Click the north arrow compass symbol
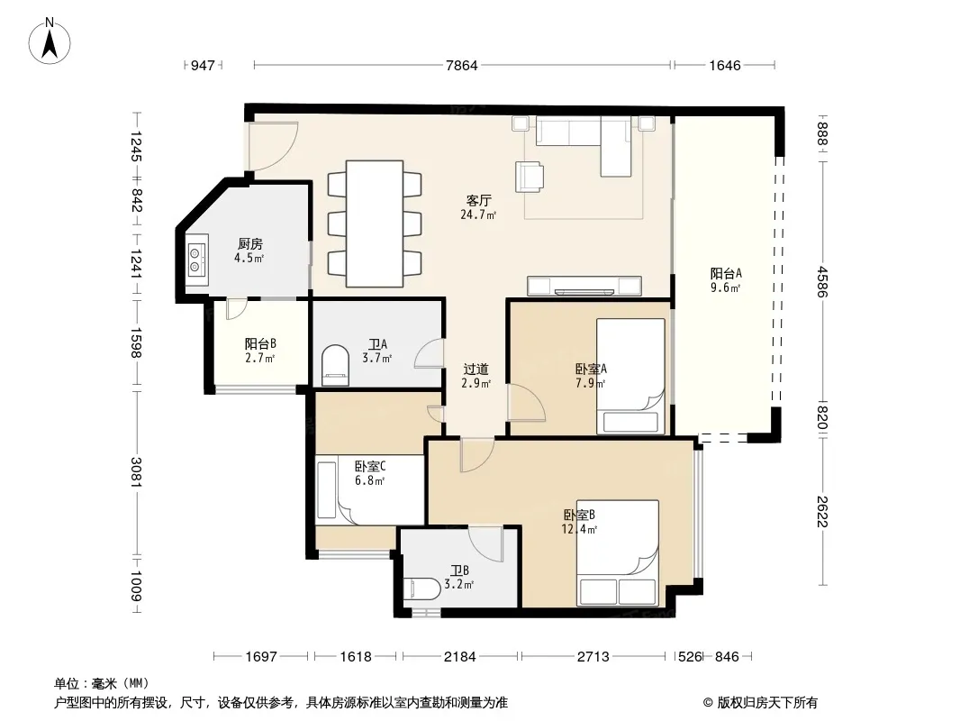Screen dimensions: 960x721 (x=50, y=41)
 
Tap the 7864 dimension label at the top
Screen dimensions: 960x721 (x=462, y=65)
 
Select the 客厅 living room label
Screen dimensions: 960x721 (x=478, y=200)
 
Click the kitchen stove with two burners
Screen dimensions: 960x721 (x=197, y=260)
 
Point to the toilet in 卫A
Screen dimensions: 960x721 (x=334, y=365)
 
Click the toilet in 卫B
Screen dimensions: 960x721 (x=421, y=590)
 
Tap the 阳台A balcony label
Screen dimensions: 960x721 (x=726, y=273)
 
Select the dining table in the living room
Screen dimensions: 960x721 (x=375, y=224)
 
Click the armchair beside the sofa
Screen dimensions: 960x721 (x=529, y=177)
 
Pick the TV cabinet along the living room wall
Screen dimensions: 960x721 (x=584, y=286)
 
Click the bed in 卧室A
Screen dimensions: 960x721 (x=630, y=376)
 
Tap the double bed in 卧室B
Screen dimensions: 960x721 (x=618, y=553)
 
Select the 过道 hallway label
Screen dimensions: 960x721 (x=475, y=369)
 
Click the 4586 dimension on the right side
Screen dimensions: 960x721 (x=822, y=281)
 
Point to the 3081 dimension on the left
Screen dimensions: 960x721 (x=135, y=472)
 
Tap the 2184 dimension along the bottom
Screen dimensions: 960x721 (x=460, y=657)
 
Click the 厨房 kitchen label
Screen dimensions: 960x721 (x=249, y=244)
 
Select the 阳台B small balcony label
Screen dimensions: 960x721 (x=260, y=343)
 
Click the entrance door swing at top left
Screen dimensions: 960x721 (x=274, y=146)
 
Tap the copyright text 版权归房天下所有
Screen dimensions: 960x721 (x=767, y=703)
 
